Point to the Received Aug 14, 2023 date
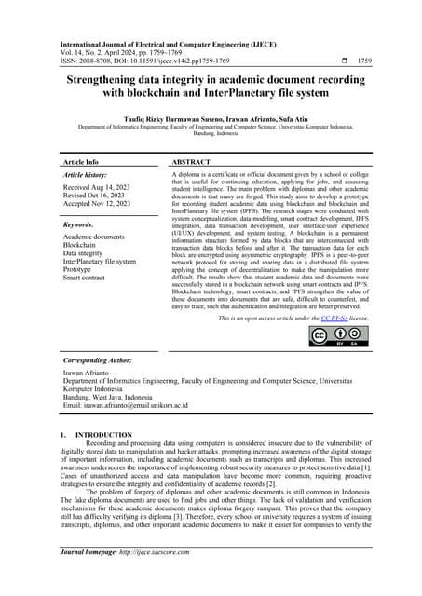tap(96, 187)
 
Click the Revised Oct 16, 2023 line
tap(94, 196)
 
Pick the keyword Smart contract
tap(89, 278)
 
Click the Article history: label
tap(89, 174)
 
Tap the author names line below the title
tap(211, 118)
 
